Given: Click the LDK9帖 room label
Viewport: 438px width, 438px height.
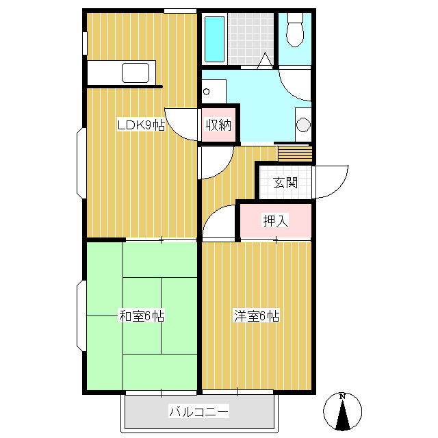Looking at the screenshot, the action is point(141,125).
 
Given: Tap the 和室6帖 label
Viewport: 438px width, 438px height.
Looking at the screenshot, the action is point(142,316).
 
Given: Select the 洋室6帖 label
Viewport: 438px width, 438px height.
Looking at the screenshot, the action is point(257,316).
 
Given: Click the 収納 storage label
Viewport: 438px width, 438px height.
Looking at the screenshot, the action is point(218,125).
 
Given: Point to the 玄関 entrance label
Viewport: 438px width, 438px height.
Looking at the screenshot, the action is point(285,183).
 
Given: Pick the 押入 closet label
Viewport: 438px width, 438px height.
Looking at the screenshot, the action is point(275,220).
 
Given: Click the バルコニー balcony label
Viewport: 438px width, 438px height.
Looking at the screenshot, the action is point(199,411).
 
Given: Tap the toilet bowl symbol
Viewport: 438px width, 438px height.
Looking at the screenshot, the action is point(295,30).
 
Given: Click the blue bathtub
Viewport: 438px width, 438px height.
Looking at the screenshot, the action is point(214,39).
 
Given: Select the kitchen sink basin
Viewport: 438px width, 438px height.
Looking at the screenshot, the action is point(136,73).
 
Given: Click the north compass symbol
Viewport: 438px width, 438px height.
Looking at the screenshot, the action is point(342,411).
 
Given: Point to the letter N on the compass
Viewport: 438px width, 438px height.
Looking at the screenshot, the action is point(342,396).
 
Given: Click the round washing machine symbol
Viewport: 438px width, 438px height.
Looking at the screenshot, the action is point(303,125).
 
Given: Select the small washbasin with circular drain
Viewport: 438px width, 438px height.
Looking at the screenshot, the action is point(214,91).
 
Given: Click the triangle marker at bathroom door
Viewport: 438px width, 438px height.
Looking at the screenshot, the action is point(265,61).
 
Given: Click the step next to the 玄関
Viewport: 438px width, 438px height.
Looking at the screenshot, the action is point(295,153).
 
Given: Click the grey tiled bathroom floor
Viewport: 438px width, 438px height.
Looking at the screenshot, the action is point(250,39).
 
